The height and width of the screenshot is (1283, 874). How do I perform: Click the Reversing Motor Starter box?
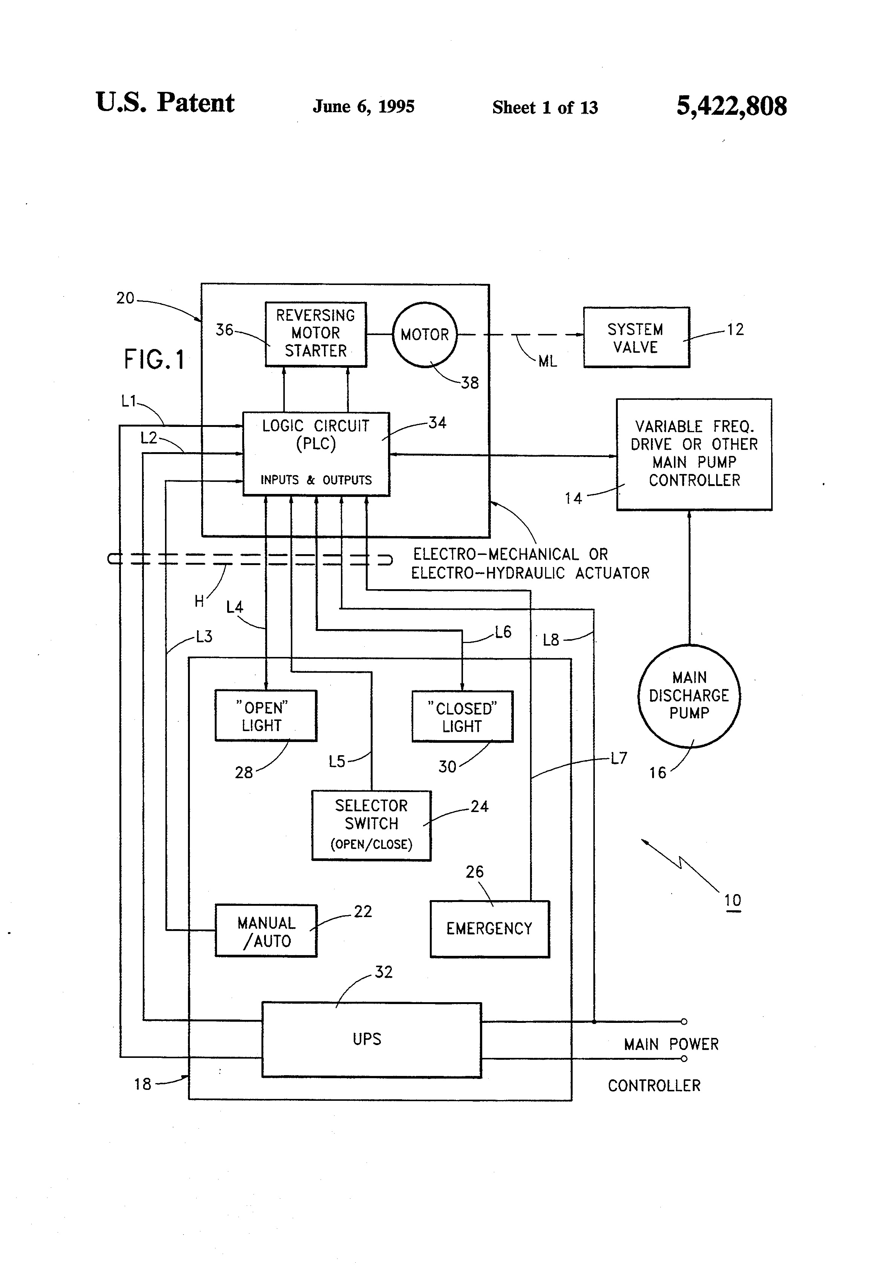(x=315, y=334)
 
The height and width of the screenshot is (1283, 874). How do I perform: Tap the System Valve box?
(x=636, y=337)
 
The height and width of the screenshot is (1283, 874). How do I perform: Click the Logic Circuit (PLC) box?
(x=316, y=453)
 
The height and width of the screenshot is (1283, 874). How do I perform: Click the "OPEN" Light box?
(x=265, y=716)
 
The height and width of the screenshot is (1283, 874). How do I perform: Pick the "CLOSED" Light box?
(x=462, y=716)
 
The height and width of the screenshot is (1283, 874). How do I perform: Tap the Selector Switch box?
(x=371, y=825)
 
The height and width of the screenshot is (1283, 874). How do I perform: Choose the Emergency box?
(x=489, y=929)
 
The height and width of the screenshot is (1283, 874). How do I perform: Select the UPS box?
(x=371, y=1039)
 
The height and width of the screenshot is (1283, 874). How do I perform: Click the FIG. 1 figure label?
(x=154, y=360)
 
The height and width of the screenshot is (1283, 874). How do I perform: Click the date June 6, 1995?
(x=364, y=106)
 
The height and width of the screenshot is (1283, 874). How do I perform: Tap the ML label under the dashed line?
(x=547, y=362)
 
